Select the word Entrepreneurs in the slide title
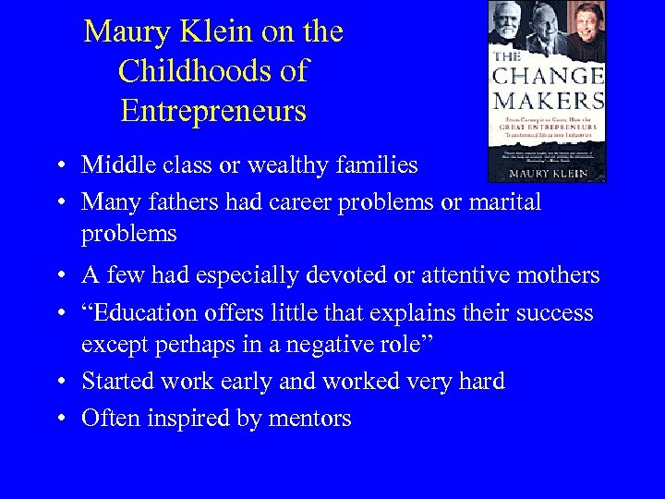pos(212,112)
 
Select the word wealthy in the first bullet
pos(288,165)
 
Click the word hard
pos(481,381)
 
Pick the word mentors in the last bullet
pos(309,419)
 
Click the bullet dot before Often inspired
pos(60,420)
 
